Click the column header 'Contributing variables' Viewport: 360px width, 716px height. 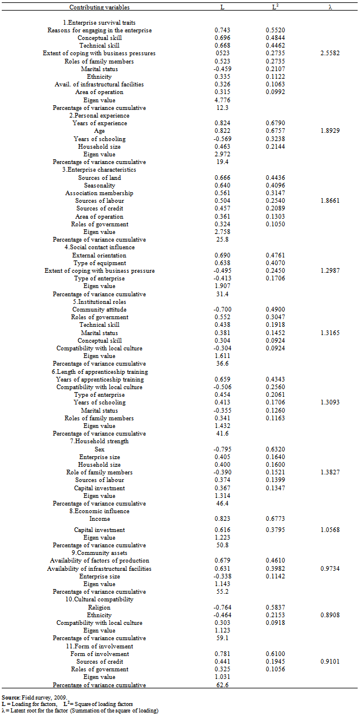[x=99, y=8]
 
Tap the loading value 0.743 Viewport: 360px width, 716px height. [x=222, y=30]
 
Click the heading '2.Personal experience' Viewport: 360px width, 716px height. [x=99, y=116]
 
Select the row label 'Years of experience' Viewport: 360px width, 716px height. [x=99, y=123]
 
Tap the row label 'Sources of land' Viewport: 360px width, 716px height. [x=99, y=178]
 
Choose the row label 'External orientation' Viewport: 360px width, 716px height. [x=99, y=255]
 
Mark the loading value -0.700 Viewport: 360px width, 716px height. [x=222, y=310]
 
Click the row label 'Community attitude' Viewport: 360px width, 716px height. [x=99, y=310]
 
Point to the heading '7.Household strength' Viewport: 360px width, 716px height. [x=99, y=441]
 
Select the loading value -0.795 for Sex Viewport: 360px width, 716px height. [x=222, y=449]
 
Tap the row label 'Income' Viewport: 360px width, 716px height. [x=99, y=519]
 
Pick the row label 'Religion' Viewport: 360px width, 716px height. [x=99, y=607]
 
